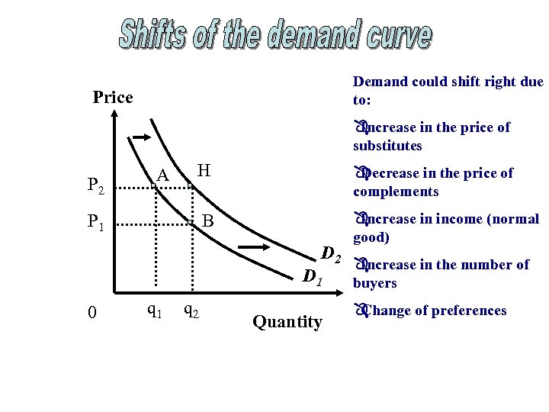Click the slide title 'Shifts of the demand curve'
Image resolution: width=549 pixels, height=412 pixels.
tap(274, 34)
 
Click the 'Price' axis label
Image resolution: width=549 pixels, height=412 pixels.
tap(112, 98)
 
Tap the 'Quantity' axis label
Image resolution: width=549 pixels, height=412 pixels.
tap(287, 322)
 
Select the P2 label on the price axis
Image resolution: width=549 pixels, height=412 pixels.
tap(96, 185)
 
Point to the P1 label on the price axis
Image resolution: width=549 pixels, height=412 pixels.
tap(96, 223)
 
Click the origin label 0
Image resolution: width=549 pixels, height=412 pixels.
tap(91, 313)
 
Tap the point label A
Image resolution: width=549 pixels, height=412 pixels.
tap(162, 176)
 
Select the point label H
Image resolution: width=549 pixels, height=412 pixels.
tap(204, 169)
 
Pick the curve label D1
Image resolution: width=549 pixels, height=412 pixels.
tap(313, 276)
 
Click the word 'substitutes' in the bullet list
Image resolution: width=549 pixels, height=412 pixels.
tap(387, 146)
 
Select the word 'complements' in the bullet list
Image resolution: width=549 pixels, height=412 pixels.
tap(396, 192)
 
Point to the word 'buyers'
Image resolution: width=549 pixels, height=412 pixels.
tap(375, 283)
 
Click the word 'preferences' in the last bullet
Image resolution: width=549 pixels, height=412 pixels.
tap(467, 311)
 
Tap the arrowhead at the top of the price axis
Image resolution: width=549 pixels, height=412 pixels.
tap(114, 115)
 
